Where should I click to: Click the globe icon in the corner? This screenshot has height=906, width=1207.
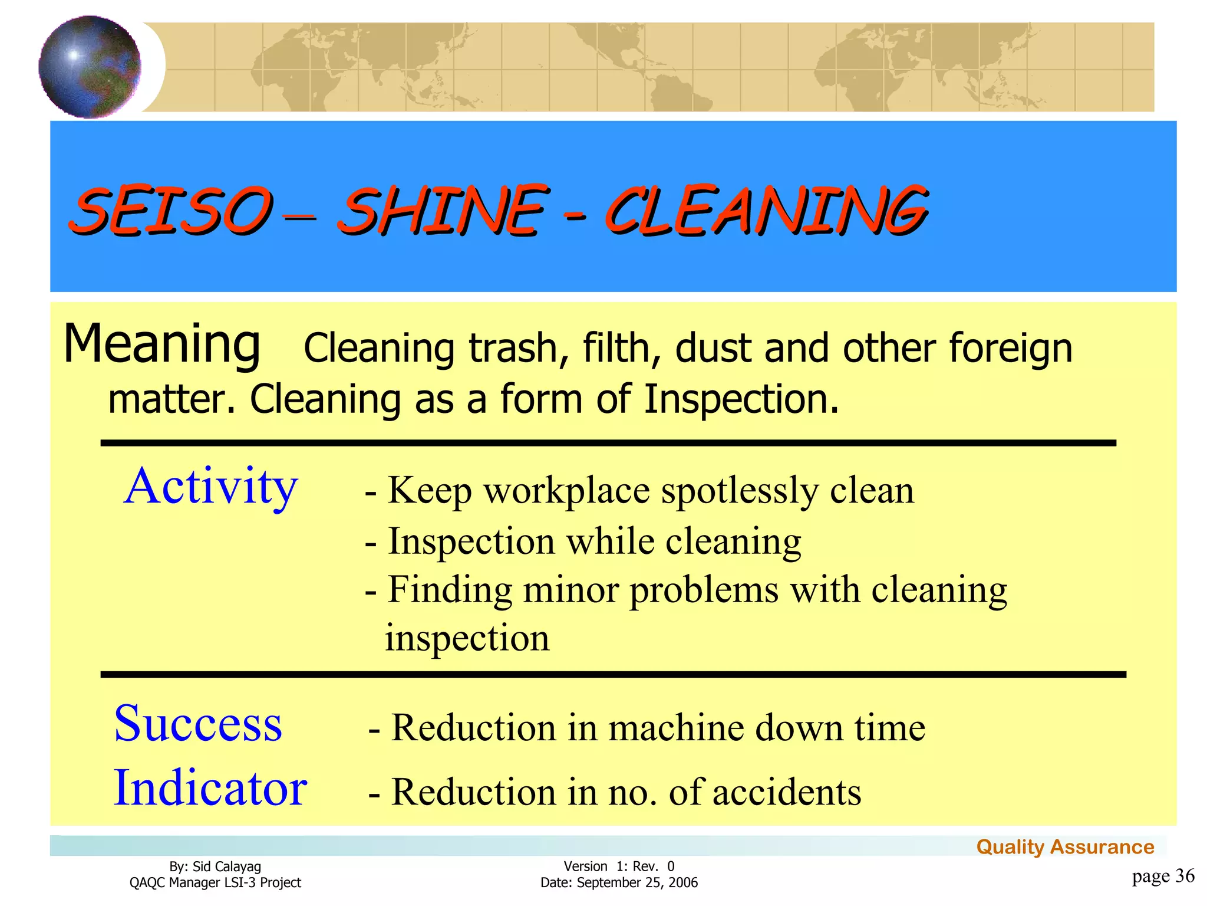(x=90, y=67)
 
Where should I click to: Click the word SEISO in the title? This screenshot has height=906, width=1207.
(x=171, y=211)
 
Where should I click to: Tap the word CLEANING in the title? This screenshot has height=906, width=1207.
(x=766, y=211)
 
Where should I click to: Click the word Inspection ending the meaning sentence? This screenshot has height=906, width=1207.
(x=740, y=399)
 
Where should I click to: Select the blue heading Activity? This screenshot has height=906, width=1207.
(x=210, y=487)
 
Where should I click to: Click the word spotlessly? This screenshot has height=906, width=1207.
(x=739, y=491)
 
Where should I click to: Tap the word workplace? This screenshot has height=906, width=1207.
(x=566, y=491)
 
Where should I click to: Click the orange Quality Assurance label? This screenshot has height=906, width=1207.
(x=1064, y=847)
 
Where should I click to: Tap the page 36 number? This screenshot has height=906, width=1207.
(x=1163, y=876)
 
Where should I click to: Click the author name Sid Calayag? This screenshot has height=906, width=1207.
(x=226, y=866)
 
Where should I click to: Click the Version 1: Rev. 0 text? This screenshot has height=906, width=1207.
(x=619, y=866)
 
